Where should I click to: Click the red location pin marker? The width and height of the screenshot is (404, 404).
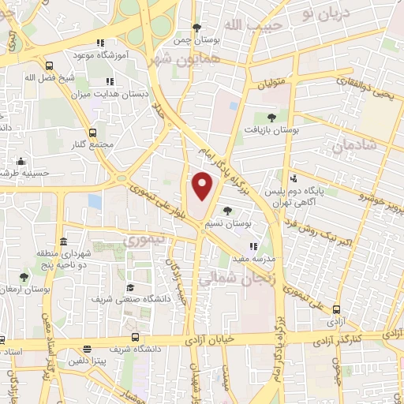tap(204, 185)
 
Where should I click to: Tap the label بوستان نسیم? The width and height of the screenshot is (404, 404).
tap(249, 224)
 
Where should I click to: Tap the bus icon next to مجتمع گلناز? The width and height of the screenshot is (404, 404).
tap(93, 133)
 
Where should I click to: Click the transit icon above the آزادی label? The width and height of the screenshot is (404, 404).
tap(338, 310)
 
